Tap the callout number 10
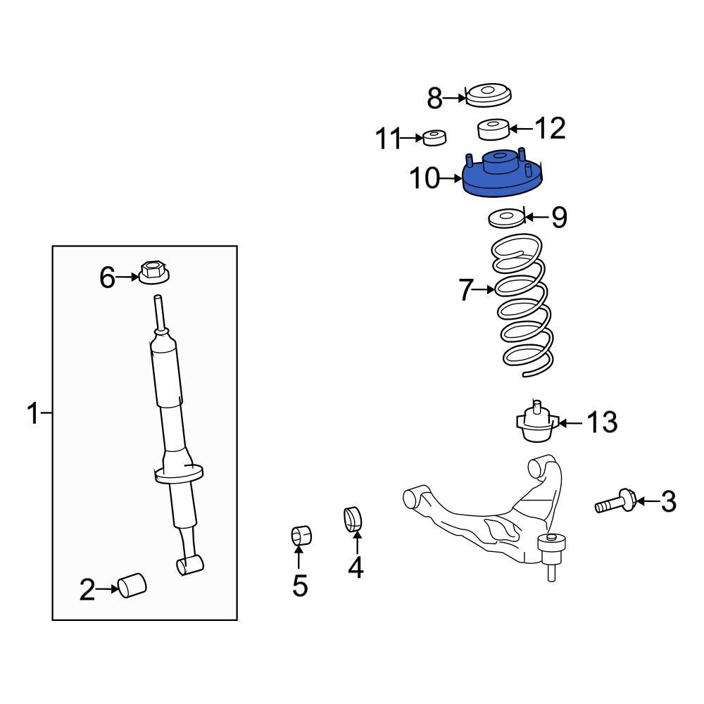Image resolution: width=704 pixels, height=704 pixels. [x=425, y=178]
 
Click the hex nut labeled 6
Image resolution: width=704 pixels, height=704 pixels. [x=153, y=272]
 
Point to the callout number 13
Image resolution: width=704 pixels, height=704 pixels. [x=602, y=422]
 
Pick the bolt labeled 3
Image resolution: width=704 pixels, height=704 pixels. [x=615, y=501]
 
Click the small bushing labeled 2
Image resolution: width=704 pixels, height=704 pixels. [x=132, y=586]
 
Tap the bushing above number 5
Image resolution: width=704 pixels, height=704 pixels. [x=301, y=535]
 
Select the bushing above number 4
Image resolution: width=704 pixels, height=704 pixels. [x=353, y=519]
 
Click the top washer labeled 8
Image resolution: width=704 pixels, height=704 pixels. [x=489, y=95]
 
